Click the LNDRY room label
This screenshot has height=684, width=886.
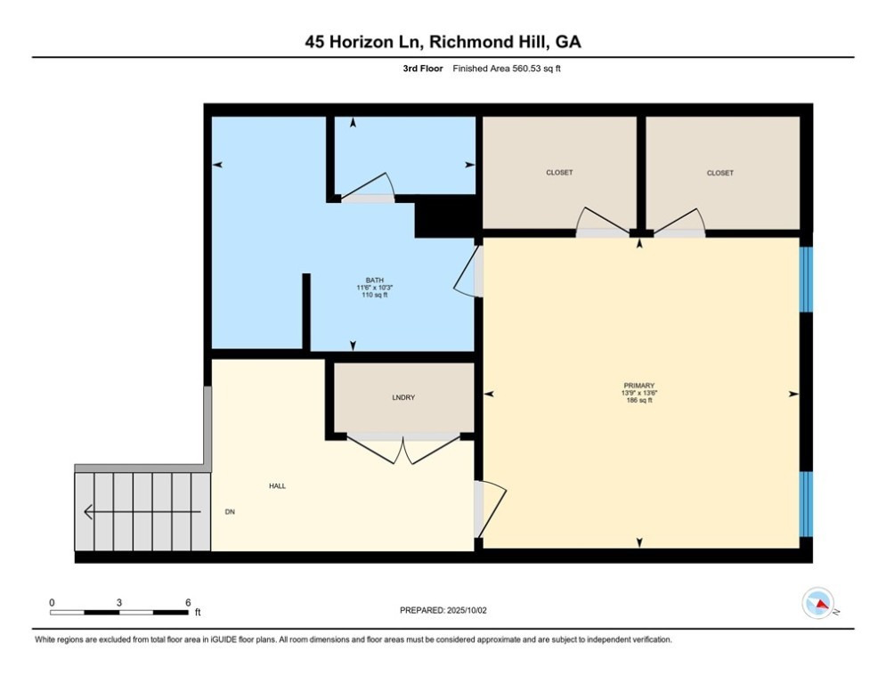click(403, 397)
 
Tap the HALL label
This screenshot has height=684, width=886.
click(278, 485)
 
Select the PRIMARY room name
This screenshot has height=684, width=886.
click(639, 386)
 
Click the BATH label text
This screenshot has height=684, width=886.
click(375, 280)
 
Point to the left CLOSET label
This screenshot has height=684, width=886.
click(559, 173)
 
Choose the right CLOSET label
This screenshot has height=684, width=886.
click(719, 173)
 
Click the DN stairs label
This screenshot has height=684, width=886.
click(230, 511)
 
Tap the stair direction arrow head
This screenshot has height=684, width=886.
click(88, 512)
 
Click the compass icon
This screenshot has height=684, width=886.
click(818, 603)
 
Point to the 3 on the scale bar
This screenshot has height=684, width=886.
click(119, 603)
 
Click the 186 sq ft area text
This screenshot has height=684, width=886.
click(639, 400)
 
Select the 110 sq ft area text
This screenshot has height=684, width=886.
click(375, 295)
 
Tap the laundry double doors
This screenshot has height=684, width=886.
click(403, 450)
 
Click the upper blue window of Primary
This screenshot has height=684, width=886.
click(806, 280)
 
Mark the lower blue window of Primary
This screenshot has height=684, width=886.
click(806, 504)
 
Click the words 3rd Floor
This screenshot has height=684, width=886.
click(423, 69)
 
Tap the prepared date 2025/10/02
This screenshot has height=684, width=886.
click(467, 610)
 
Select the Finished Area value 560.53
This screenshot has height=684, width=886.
click(526, 69)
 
